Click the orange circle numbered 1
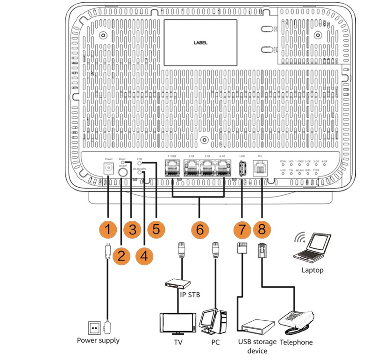pos(108,229)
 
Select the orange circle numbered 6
pos(199,229)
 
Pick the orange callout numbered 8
pos(263,229)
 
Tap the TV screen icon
pos(177,322)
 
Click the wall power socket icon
pos(95,327)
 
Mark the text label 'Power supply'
pos(98,340)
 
